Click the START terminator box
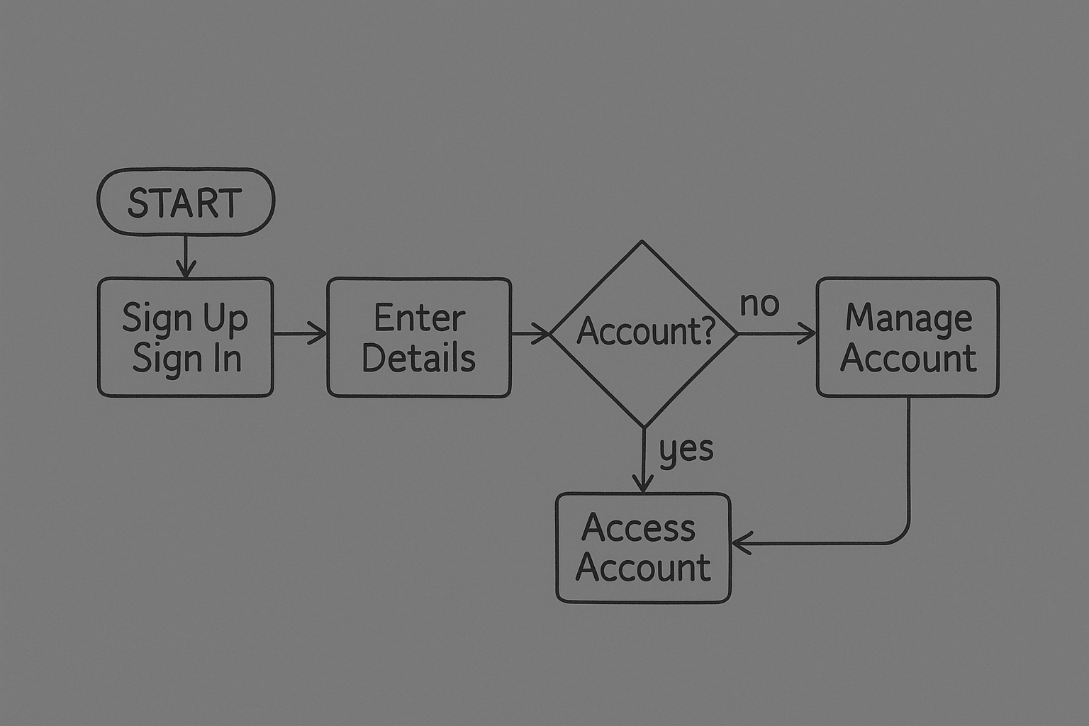185,202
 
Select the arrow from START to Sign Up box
185,257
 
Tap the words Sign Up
185,318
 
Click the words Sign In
187,358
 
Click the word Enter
419,318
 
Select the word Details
418,358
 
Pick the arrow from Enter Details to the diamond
530,333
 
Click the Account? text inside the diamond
646,331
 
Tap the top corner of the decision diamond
642,242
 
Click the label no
759,304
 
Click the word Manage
908,318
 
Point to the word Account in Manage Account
908,358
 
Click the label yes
686,449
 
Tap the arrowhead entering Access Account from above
643,484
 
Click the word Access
638,528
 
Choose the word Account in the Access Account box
643,568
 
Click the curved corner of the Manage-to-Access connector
902,537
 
